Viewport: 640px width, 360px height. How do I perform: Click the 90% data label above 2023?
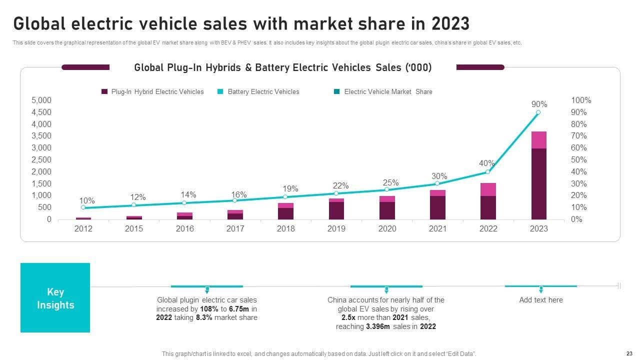(x=539, y=104)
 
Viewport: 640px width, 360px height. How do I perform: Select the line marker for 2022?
(x=488, y=172)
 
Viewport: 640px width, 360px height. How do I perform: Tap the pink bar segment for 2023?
(x=538, y=140)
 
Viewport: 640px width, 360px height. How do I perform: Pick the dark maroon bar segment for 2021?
(x=437, y=207)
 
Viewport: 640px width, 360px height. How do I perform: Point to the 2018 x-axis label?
(x=285, y=228)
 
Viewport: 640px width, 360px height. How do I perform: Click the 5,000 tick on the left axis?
(x=41, y=100)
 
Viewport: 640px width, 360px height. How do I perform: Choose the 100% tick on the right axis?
(x=581, y=100)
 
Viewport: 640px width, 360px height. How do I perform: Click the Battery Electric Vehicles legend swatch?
(x=220, y=91)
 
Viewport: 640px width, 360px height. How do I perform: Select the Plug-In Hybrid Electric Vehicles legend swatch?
(x=104, y=91)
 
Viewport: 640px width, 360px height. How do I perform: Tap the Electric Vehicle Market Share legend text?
(x=388, y=91)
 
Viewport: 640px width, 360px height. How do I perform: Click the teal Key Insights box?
(x=55, y=298)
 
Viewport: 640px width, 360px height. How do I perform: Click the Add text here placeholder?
(x=540, y=300)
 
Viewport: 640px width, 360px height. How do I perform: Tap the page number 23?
(x=629, y=352)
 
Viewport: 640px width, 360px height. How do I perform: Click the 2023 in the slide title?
(x=449, y=23)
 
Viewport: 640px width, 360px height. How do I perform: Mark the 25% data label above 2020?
(x=390, y=182)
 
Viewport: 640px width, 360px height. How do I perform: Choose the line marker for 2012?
(x=83, y=207)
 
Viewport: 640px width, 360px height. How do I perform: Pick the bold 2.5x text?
(x=348, y=317)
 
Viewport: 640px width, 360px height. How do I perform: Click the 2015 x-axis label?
(x=133, y=228)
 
